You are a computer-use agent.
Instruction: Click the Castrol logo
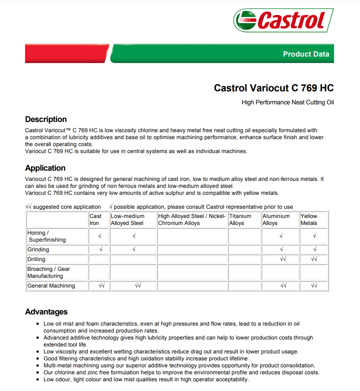(x=283, y=20)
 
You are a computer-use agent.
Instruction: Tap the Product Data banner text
(x=306, y=54)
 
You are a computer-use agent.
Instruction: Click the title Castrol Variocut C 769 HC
(x=274, y=88)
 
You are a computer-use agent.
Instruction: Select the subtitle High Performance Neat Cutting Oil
(x=288, y=103)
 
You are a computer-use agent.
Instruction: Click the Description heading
(x=46, y=119)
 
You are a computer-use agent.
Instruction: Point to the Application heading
(x=45, y=168)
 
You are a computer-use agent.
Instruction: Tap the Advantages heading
(x=46, y=312)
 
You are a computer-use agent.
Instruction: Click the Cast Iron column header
(x=96, y=219)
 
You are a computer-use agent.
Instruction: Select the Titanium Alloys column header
(x=240, y=219)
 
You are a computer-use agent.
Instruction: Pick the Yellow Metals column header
(x=309, y=219)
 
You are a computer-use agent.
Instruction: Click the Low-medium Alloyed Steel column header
(x=128, y=219)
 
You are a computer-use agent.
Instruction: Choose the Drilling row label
(x=37, y=259)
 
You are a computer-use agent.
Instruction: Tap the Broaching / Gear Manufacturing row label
(x=49, y=272)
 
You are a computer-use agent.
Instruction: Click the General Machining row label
(x=51, y=286)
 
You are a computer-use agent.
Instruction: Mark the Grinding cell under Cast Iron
(x=100, y=250)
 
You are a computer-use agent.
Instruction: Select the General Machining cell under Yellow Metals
(x=314, y=286)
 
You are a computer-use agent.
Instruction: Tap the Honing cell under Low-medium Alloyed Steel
(x=134, y=236)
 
